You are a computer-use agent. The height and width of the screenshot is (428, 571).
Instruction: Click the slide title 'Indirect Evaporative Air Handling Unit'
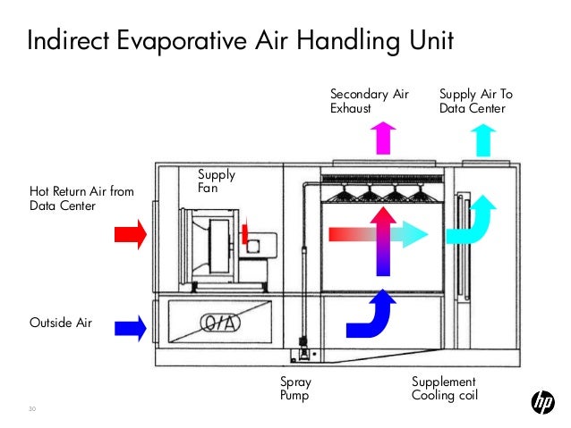click(240, 41)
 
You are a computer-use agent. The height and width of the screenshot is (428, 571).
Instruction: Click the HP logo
click(542, 403)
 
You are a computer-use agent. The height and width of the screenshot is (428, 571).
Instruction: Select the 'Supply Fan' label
click(215, 181)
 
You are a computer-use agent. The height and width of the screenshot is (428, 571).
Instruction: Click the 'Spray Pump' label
click(295, 389)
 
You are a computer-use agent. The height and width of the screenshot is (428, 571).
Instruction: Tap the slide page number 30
click(33, 410)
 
